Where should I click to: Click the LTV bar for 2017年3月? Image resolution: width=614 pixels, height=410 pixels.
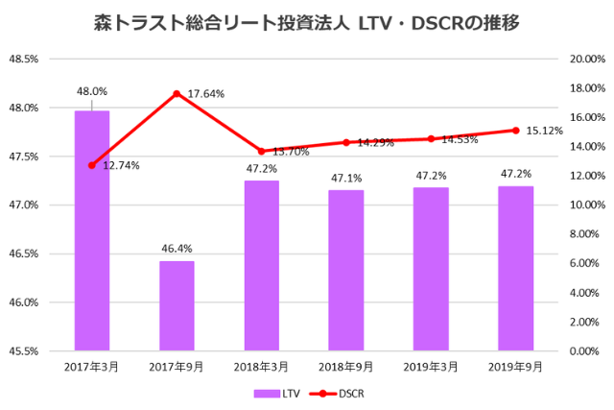click(92, 230)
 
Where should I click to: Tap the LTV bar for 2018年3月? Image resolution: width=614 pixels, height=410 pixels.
click(262, 265)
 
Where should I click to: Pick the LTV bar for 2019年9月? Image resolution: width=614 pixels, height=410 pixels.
click(516, 268)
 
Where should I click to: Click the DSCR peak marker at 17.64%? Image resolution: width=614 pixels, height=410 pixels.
click(177, 93)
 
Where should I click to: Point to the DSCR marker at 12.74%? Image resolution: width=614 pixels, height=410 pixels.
click(92, 165)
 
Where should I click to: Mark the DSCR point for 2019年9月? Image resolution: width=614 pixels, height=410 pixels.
click(516, 131)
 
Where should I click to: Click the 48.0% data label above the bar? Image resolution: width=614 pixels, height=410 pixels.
click(92, 92)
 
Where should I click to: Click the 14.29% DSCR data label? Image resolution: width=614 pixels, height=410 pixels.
click(375, 143)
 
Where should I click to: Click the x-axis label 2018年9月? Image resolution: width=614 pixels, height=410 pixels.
click(346, 368)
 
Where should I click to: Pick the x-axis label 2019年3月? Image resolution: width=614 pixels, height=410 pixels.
click(431, 368)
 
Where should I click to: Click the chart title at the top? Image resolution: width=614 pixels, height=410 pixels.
click(307, 21)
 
